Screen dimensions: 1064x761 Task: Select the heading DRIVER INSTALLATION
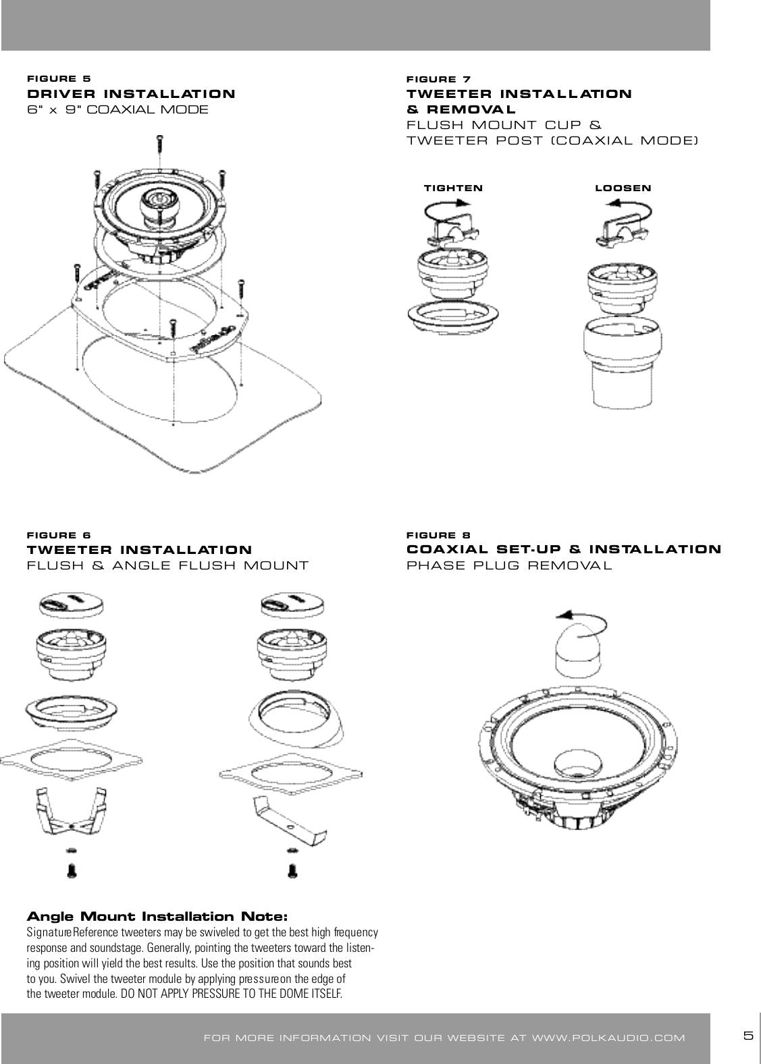pyautogui.click(x=131, y=94)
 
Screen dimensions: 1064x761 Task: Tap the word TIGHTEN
pyautogui.click(x=453, y=188)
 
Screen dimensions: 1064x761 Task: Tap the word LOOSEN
pyautogui.click(x=623, y=188)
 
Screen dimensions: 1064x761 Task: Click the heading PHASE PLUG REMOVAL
pyautogui.click(x=509, y=565)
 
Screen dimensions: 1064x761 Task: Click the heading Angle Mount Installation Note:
pyautogui.click(x=157, y=917)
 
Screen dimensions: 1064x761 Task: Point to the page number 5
pyautogui.click(x=747, y=1036)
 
